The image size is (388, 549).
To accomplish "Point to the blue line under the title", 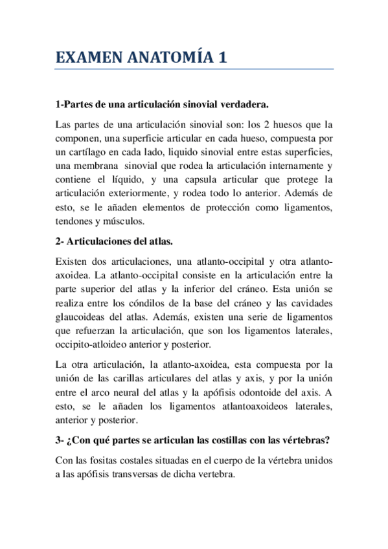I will (194, 69).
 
